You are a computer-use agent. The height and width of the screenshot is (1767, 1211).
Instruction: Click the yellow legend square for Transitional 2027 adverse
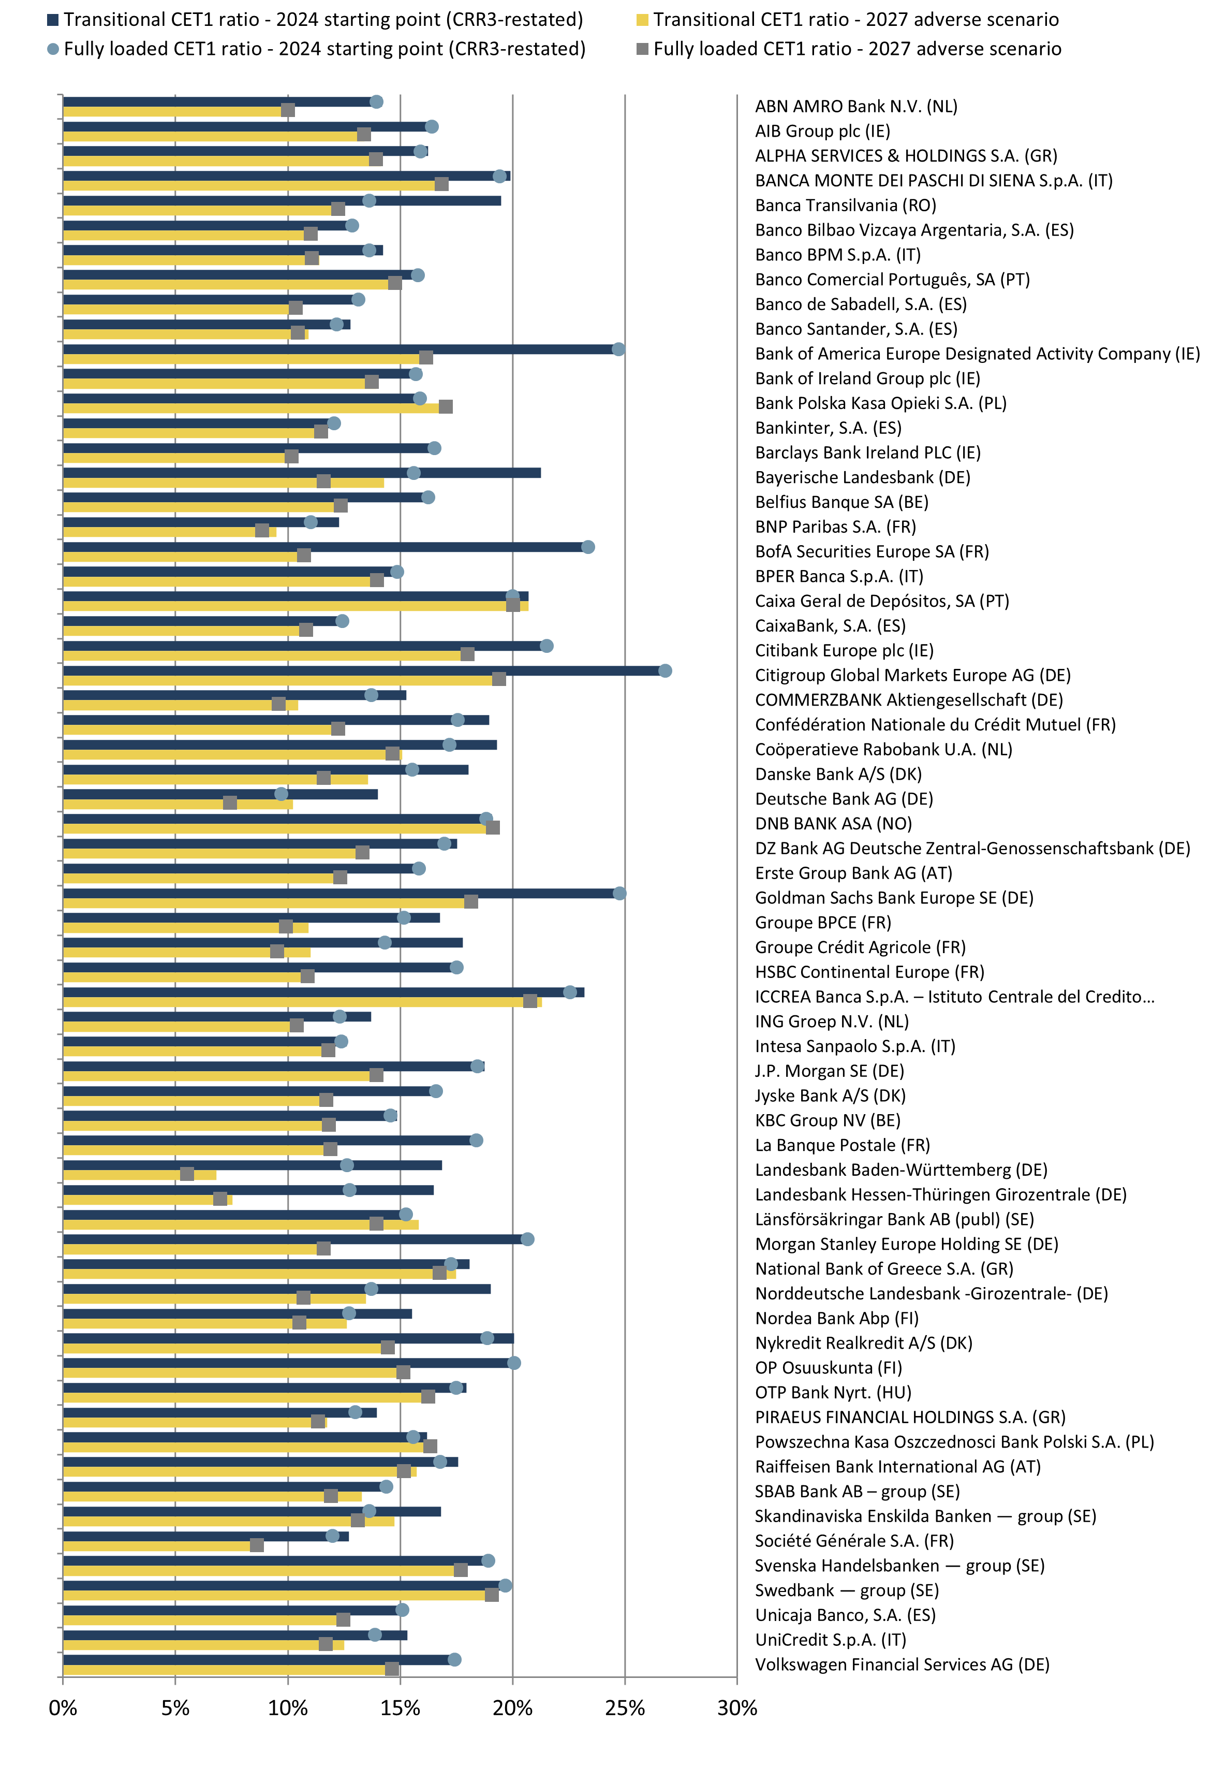642,20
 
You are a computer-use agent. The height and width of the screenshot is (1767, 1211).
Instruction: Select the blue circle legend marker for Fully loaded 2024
52,49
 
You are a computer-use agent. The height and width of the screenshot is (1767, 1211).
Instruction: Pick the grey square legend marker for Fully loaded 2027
642,49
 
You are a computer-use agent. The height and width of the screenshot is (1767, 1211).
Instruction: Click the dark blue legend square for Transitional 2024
52,20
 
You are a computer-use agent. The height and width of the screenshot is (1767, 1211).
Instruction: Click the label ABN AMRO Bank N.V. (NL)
855,107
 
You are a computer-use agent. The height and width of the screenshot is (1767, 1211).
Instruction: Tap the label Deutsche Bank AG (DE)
843,799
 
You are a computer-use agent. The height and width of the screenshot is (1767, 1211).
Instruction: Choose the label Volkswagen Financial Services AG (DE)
902,1664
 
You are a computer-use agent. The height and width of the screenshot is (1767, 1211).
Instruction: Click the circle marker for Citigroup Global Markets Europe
665,670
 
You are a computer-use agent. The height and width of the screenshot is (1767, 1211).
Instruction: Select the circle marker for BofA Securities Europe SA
587,547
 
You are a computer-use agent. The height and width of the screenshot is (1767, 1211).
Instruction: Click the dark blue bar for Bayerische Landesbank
304,473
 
